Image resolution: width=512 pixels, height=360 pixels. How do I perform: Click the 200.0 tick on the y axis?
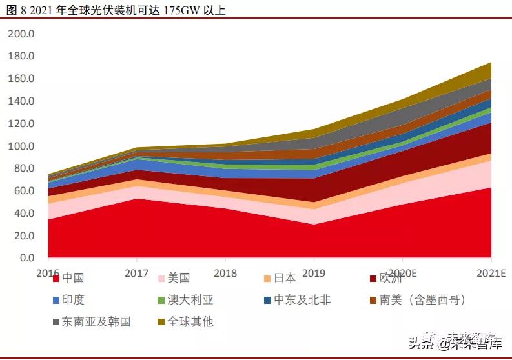(21, 34)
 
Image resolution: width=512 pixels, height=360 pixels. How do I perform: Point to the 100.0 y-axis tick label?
(21, 146)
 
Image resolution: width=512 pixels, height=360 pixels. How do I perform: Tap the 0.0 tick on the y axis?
(26, 258)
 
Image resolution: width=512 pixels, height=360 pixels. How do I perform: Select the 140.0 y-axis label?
(21, 101)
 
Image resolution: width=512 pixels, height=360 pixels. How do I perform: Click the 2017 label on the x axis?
(137, 273)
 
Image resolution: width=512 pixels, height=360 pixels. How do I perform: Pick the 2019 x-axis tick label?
(314, 273)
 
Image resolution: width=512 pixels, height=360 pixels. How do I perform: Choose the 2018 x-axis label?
(225, 273)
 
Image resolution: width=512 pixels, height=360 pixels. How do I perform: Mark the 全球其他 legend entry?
(190, 321)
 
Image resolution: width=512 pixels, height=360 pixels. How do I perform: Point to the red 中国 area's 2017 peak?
(137, 199)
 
